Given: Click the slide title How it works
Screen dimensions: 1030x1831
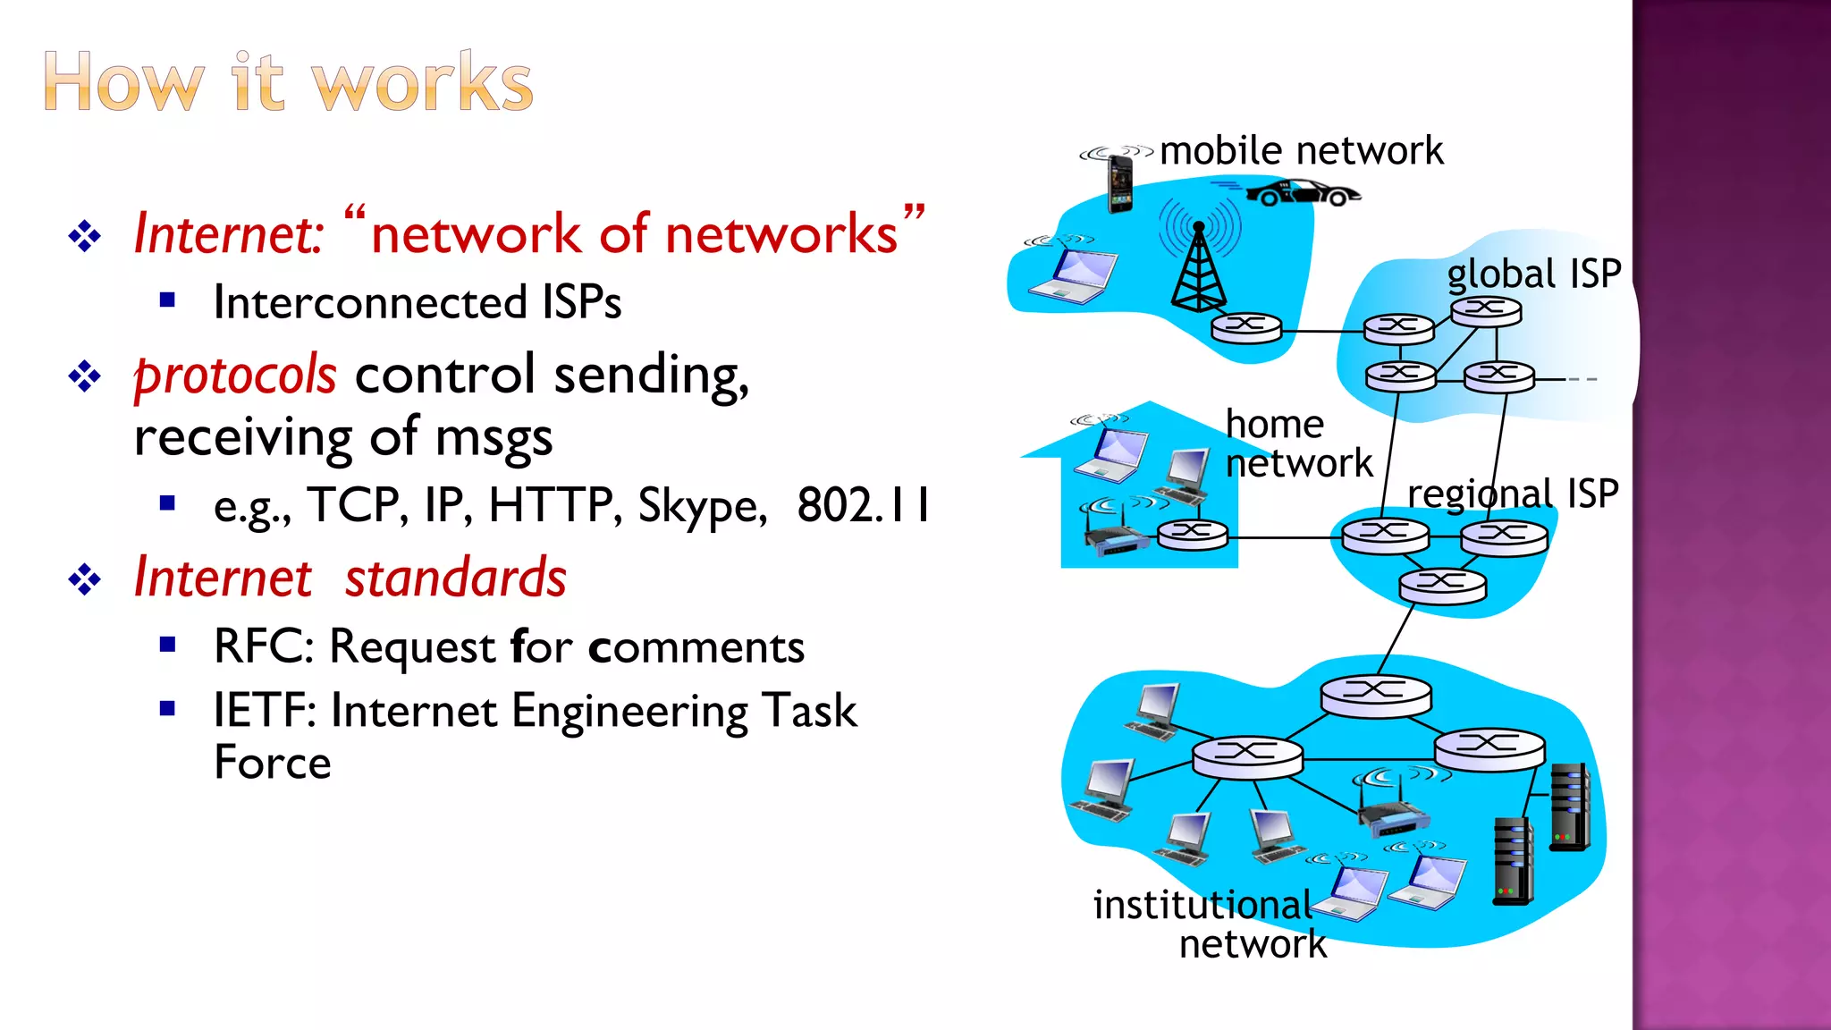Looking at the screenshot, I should pyautogui.click(x=288, y=82).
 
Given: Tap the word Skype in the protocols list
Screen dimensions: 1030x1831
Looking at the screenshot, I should pyautogui.click(x=702, y=506).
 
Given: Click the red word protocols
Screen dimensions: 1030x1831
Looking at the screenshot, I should pyautogui.click(x=235, y=376).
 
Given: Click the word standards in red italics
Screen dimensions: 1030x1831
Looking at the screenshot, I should pyautogui.click(x=456, y=578).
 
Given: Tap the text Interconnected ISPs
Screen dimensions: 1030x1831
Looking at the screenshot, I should pyautogui.click(x=417, y=302).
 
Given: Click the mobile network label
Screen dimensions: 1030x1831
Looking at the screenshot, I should pyautogui.click(x=1301, y=150).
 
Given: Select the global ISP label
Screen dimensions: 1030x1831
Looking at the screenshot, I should pyautogui.click(x=1533, y=274).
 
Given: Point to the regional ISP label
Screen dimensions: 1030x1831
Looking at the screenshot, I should pyautogui.click(x=1513, y=494).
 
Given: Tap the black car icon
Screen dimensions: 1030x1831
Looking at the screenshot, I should pyautogui.click(x=1304, y=192).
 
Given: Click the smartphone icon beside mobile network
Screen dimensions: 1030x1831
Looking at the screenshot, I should pyautogui.click(x=1119, y=183).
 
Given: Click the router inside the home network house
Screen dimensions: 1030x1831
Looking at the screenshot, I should pyautogui.click(x=1193, y=535).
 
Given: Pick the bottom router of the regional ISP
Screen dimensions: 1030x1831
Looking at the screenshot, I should pyautogui.click(x=1442, y=586).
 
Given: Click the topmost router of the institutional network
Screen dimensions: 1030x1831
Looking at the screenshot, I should pyautogui.click(x=1375, y=695).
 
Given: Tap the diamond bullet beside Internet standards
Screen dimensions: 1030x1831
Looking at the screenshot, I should pyautogui.click(x=85, y=579).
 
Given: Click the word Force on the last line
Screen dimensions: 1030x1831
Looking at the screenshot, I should pyautogui.click(x=273, y=763).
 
